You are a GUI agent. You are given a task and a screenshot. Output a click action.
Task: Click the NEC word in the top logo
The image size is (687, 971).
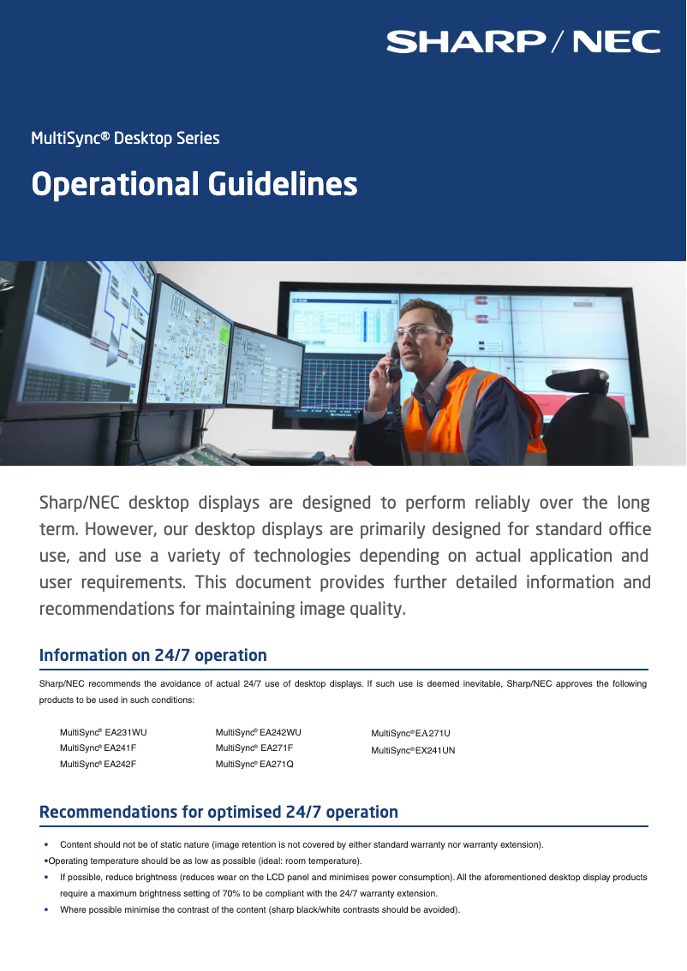(x=616, y=41)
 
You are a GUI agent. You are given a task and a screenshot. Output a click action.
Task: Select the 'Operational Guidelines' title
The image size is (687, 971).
(x=194, y=184)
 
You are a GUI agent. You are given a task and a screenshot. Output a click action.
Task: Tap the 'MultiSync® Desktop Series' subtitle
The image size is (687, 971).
(x=125, y=138)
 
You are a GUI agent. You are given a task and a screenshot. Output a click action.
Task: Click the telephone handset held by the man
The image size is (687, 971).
(x=394, y=362)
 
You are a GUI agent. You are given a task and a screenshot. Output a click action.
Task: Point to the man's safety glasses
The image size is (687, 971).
(x=420, y=331)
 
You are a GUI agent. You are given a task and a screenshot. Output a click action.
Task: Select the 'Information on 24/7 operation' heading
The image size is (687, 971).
(x=152, y=656)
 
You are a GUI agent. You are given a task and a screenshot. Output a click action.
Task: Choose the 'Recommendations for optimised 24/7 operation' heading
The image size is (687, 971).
(x=218, y=812)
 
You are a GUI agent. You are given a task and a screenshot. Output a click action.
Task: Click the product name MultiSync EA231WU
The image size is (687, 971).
(x=103, y=733)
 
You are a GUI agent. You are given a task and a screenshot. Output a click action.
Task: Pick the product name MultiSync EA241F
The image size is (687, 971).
(x=98, y=748)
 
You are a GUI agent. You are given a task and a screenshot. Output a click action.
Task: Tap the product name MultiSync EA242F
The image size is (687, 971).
(x=98, y=764)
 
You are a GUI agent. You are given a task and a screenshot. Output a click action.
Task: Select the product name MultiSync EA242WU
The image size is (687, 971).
(x=259, y=733)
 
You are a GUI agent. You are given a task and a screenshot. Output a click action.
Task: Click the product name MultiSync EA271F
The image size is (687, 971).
(x=254, y=748)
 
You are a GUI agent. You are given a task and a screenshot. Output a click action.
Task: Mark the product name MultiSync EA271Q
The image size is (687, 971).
(x=254, y=764)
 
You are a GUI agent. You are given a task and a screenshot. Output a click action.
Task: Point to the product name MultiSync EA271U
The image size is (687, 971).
(x=410, y=734)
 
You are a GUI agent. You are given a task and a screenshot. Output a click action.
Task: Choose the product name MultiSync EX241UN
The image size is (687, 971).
(x=413, y=750)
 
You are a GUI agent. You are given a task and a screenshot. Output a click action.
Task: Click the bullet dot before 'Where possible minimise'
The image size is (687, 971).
(x=46, y=909)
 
